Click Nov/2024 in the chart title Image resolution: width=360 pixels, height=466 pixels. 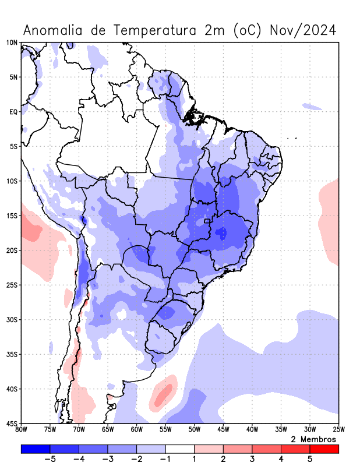(x=303, y=30)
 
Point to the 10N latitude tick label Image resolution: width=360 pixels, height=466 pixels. (x=12, y=43)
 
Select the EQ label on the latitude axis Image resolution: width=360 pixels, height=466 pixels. (x=13, y=111)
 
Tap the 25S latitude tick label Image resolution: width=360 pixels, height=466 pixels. (x=12, y=285)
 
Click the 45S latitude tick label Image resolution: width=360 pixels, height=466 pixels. (x=12, y=423)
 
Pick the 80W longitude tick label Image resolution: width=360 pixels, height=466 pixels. (x=22, y=430)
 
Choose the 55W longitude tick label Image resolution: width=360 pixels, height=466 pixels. (x=165, y=430)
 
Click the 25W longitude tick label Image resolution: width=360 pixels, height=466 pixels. (x=338, y=430)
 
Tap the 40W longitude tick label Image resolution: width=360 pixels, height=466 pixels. (x=252, y=430)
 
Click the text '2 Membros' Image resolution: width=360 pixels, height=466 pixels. (x=313, y=439)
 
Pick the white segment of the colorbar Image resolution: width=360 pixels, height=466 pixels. (x=179, y=449)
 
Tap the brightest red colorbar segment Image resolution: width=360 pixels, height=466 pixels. (x=324, y=449)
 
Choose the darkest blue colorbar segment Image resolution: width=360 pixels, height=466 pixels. (x=35, y=449)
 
